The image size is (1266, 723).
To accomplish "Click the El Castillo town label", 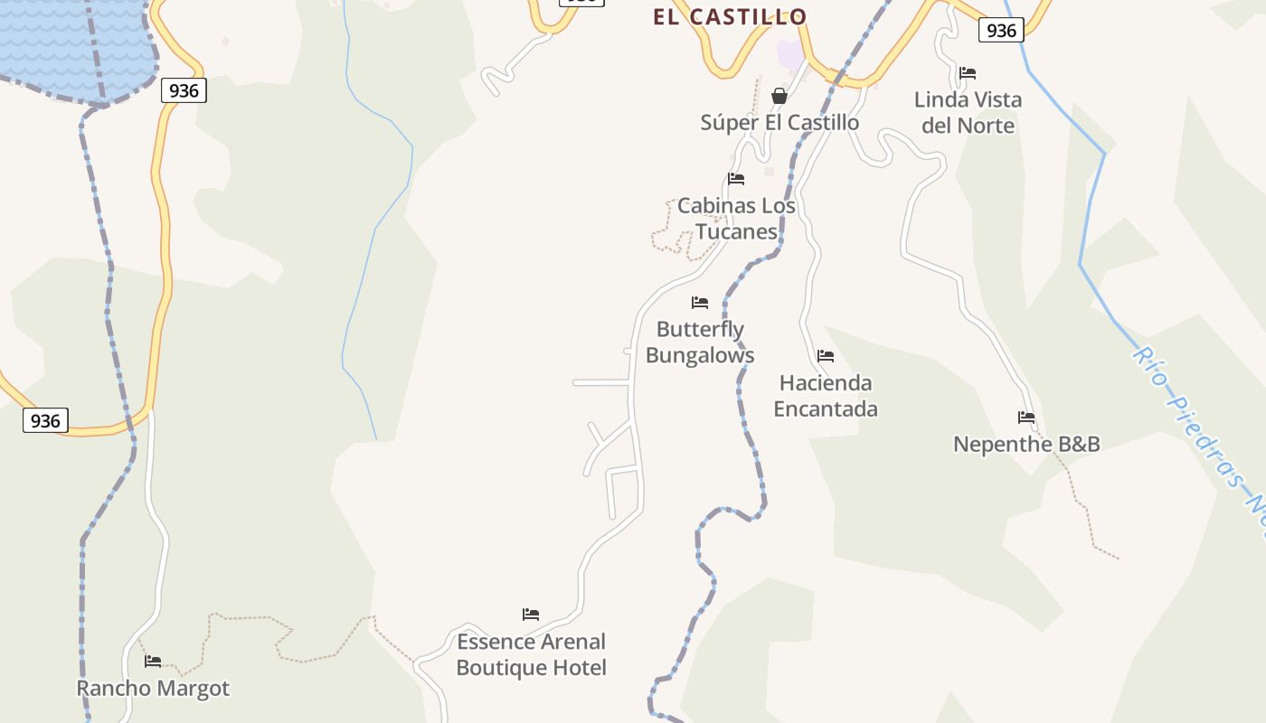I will point(730,17).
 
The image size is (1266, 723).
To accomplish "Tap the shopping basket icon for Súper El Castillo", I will point(779,96).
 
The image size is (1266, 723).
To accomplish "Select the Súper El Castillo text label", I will point(779,122).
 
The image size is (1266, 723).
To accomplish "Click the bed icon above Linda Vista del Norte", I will point(968,73).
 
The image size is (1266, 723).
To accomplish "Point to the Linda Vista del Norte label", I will point(968,112).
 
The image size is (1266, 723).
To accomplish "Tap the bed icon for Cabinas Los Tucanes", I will point(736,179).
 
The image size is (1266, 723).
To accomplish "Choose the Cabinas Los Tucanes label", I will point(736,218).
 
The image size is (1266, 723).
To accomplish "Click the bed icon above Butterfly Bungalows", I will point(700,303).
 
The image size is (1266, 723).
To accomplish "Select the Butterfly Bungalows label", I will point(700,342).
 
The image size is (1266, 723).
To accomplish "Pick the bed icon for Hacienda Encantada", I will point(826,356).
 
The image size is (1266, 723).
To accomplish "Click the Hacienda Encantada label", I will point(826,395).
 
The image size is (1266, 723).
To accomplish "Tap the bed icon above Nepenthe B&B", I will point(1026,418).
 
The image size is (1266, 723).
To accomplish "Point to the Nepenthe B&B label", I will point(1026,444).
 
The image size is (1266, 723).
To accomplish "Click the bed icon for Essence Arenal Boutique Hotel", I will point(531,615).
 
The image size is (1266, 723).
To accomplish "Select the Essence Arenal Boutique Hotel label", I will point(531,654).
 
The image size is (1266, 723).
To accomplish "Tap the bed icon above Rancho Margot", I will point(153,662).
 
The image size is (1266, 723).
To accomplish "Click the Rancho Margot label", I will point(153,688).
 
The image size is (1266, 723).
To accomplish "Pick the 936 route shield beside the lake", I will point(184,90).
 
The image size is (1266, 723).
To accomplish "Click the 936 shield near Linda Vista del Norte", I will point(1001,31).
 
